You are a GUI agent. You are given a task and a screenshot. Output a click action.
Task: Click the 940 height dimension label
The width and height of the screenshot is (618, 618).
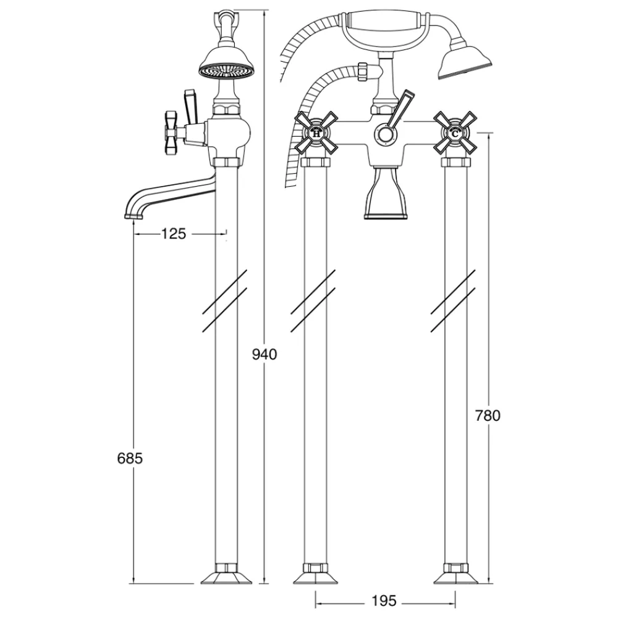click(x=265, y=355)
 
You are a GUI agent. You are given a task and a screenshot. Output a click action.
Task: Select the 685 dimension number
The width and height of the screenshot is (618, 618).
click(x=130, y=459)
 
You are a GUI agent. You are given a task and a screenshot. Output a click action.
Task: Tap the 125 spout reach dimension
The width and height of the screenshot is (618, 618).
click(x=174, y=234)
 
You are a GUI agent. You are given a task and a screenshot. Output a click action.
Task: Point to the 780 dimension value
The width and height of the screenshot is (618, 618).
click(x=488, y=415)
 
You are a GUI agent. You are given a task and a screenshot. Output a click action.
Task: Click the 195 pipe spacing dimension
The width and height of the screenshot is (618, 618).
click(x=384, y=601)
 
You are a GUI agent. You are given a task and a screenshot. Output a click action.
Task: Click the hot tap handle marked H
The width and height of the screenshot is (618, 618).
click(x=316, y=133)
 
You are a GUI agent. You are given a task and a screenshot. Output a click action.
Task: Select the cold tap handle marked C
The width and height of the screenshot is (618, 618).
click(x=455, y=133)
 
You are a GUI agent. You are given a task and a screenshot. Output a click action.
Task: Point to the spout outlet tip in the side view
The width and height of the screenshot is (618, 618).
click(x=133, y=216)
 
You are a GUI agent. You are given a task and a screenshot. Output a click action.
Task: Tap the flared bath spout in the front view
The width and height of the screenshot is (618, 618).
click(x=386, y=192)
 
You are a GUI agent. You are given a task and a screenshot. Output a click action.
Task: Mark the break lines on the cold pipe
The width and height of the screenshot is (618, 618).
click(x=453, y=300)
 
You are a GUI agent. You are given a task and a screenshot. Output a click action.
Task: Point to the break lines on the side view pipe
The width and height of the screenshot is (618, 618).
click(x=225, y=300)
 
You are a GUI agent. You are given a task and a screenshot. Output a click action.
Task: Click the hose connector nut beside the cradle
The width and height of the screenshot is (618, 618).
click(x=363, y=72)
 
